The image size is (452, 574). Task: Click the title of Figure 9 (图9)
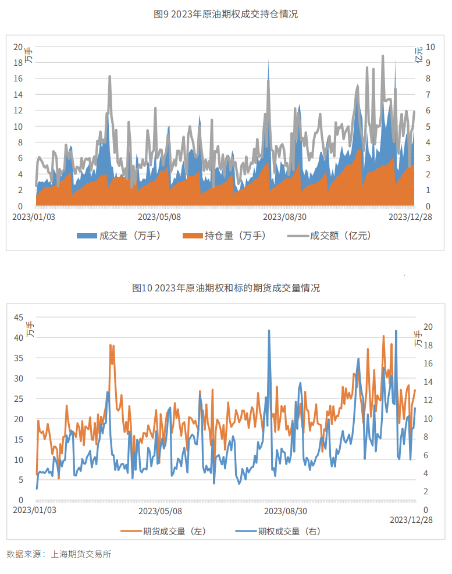pyautogui.click(x=226, y=15)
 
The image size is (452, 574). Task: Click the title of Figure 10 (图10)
pyautogui.click(x=226, y=288)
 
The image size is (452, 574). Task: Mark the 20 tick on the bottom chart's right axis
pyautogui.click(x=428, y=327)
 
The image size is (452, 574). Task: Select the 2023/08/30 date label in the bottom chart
pyautogui.click(x=286, y=511)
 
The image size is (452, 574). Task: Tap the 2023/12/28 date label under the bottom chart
pyautogui.click(x=411, y=519)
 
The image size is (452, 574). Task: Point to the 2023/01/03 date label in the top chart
pyautogui.click(x=34, y=217)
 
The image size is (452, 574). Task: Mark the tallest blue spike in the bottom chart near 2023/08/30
pyautogui.click(x=269, y=330)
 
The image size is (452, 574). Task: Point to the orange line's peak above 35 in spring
pyautogui.click(x=111, y=345)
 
